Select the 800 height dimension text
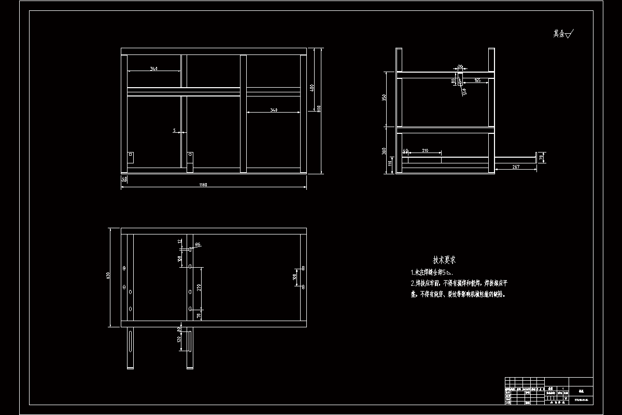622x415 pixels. tap(319, 109)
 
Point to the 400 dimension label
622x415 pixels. tap(312, 88)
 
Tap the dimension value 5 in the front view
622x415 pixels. tap(174, 131)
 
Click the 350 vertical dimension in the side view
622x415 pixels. tap(384, 99)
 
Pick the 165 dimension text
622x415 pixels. tap(477, 80)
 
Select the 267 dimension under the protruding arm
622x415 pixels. tap(516, 167)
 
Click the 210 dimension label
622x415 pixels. tap(425, 150)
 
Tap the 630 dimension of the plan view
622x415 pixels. tap(108, 275)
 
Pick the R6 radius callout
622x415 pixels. tap(197, 244)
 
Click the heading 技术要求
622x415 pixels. tap(444, 260)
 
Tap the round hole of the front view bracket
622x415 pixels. tap(190, 155)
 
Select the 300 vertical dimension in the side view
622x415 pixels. tap(384, 150)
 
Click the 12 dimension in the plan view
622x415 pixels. tap(179, 242)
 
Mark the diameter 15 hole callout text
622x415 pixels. tap(464, 92)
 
